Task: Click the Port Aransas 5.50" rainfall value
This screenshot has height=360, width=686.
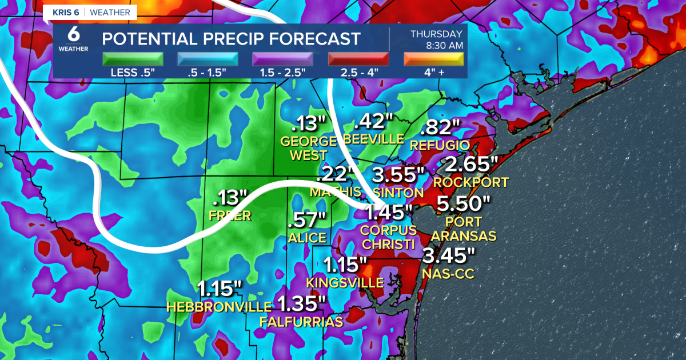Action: tap(464, 203)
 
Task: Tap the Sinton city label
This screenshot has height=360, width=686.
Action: tap(398, 193)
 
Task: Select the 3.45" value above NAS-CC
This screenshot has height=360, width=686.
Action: tap(448, 256)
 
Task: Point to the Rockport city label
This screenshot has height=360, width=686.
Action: tap(470, 182)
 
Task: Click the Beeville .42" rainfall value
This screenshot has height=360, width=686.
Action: tap(374, 122)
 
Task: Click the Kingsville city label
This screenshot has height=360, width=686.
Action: tap(345, 282)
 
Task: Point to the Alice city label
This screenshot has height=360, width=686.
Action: tap(308, 238)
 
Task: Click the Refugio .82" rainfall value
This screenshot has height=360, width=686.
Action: tap(441, 126)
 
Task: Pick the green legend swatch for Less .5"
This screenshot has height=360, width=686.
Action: tap(133, 59)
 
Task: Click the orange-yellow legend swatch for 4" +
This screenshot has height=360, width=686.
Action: tap(433, 59)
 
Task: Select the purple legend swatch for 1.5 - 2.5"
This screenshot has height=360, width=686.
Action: tap(283, 59)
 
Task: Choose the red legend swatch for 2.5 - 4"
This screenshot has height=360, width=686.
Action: tap(358, 59)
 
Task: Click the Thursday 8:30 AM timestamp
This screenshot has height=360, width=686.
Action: tap(436, 39)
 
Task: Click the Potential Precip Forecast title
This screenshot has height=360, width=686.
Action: tap(231, 39)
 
